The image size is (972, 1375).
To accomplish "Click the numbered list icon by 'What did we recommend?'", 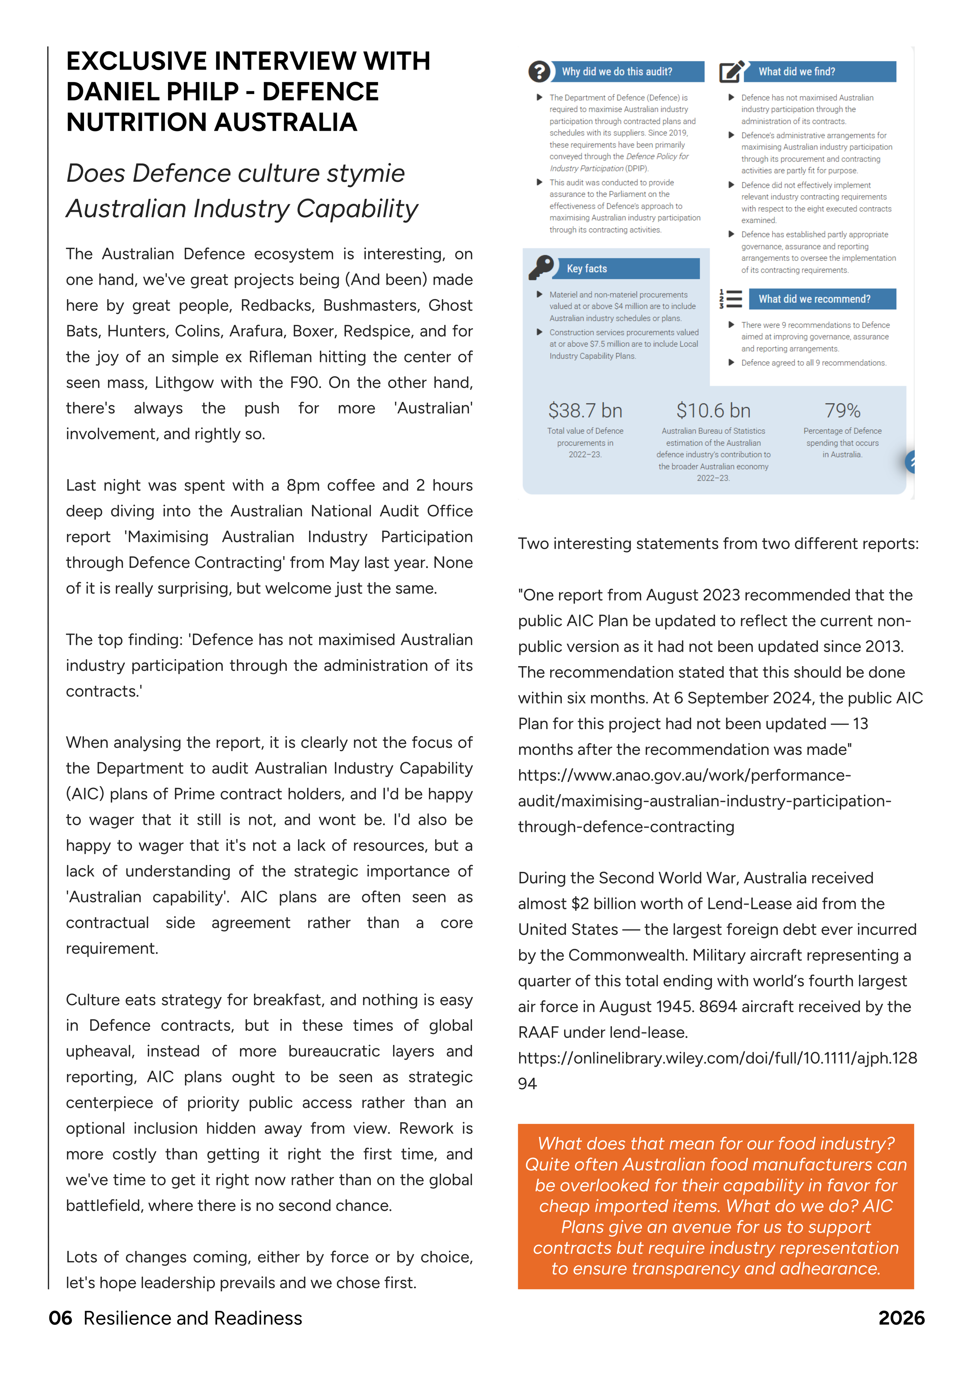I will pyautogui.click(x=731, y=299).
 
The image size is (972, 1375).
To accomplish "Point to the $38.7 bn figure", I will pyautogui.click(x=585, y=411).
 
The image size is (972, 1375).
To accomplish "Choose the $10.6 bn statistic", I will pyautogui.click(x=713, y=411).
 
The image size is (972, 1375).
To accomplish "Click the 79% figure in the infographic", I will pyautogui.click(x=842, y=411).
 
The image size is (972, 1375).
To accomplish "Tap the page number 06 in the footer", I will pyautogui.click(x=61, y=1318).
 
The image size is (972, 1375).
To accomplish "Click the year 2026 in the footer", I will pyautogui.click(x=901, y=1318).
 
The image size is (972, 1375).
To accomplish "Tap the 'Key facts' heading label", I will pyautogui.click(x=587, y=269).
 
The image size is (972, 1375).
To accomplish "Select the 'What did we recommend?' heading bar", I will pyautogui.click(x=815, y=299).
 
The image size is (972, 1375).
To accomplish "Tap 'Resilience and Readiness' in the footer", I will pyautogui.click(x=193, y=1318).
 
